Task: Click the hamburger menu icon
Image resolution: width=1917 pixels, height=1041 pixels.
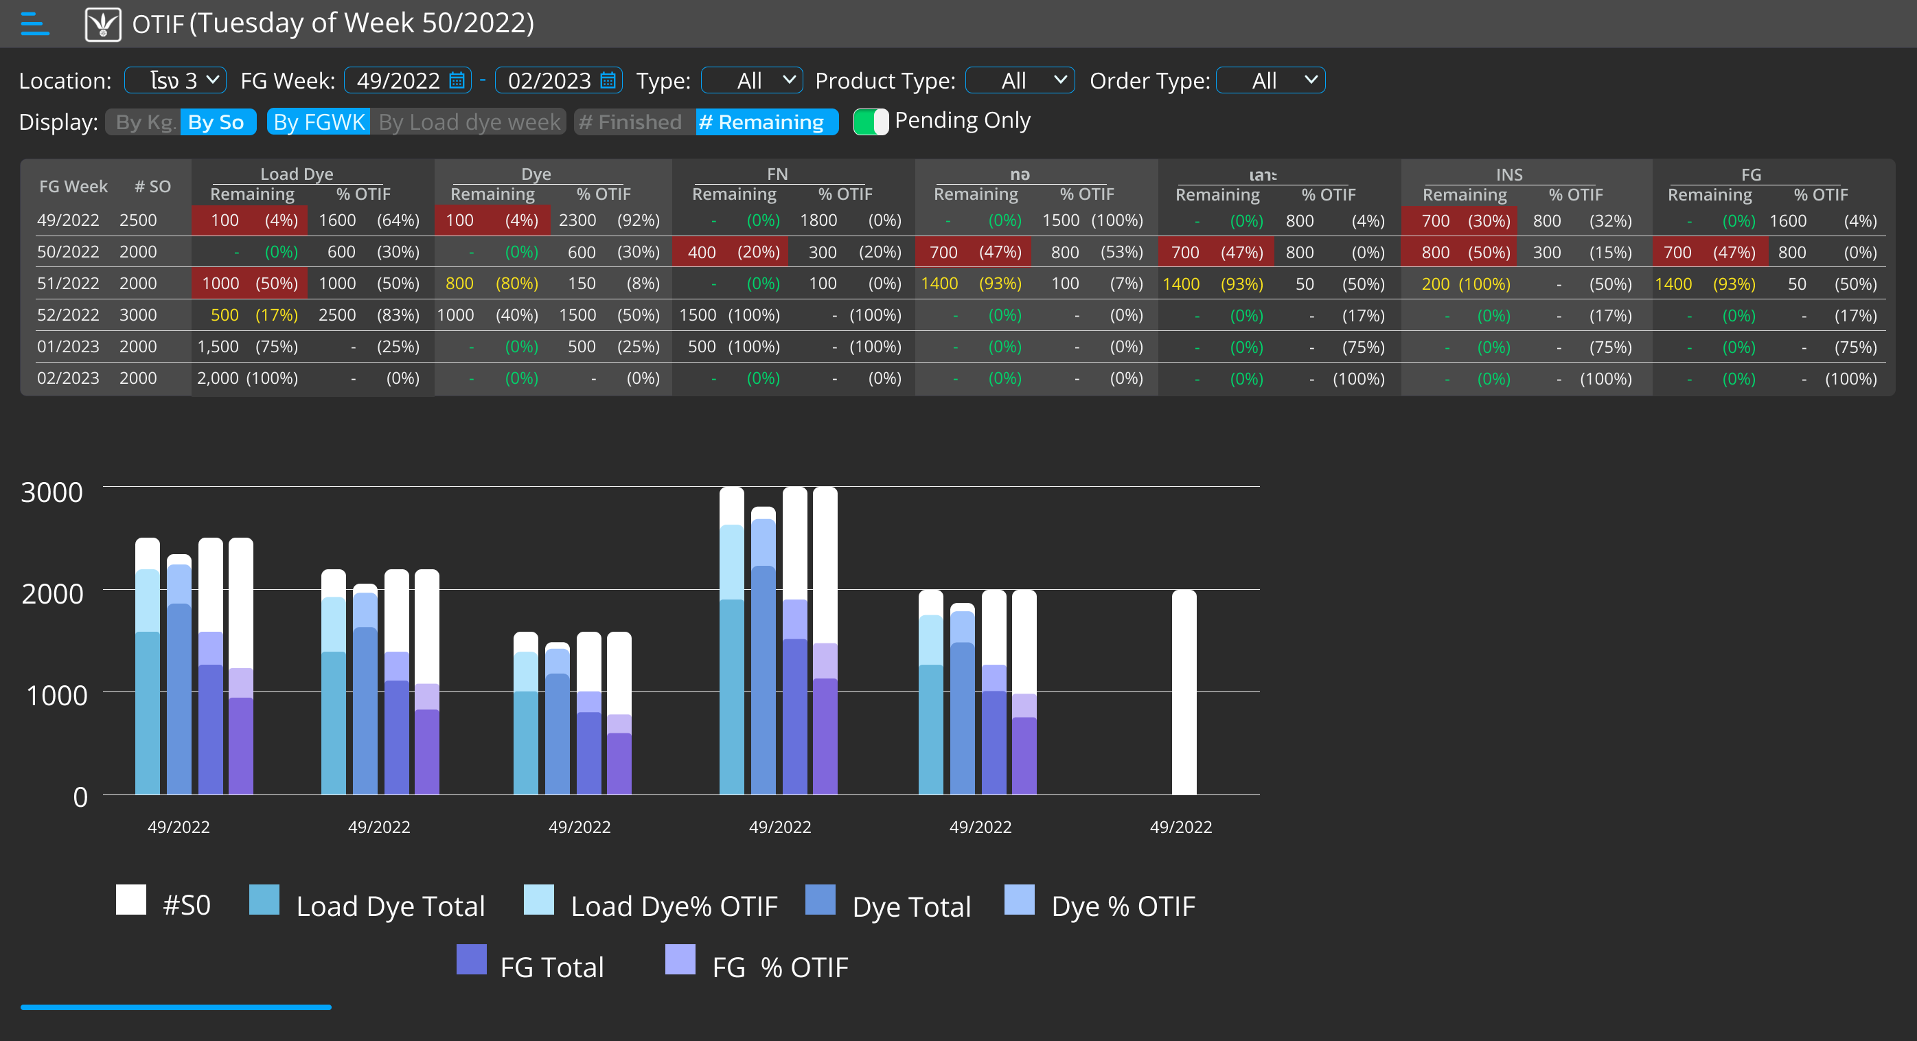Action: [34, 24]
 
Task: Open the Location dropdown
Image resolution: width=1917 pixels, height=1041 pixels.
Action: [176, 80]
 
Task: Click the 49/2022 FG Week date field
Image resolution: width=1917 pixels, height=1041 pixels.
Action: [407, 80]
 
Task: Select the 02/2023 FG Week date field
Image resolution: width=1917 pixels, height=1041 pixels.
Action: [558, 80]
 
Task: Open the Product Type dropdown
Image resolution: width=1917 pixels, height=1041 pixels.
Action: [1019, 80]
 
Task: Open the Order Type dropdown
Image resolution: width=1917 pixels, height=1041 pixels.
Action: [1270, 80]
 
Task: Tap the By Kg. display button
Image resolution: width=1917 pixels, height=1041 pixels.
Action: [144, 122]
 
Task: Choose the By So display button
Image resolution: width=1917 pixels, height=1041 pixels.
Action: [216, 122]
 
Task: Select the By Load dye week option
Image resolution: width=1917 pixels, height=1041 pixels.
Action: [469, 122]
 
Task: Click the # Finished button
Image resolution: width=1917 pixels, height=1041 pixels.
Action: [630, 122]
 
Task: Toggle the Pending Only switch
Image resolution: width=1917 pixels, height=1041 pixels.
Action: [871, 122]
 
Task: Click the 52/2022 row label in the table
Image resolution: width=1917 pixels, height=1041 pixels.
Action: [68, 314]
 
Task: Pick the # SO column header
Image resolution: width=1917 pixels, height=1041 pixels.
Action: [152, 186]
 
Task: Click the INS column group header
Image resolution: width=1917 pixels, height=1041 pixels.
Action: [1508, 174]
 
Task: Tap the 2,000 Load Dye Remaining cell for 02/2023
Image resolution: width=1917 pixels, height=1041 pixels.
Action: [217, 378]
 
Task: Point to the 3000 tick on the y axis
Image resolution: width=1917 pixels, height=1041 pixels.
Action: [52, 492]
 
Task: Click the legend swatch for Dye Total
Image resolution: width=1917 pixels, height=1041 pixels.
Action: [820, 900]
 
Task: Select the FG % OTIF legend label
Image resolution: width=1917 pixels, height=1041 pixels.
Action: [779, 967]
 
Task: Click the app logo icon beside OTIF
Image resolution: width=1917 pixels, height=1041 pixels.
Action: [104, 24]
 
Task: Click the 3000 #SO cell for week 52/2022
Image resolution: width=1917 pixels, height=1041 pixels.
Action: [139, 314]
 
